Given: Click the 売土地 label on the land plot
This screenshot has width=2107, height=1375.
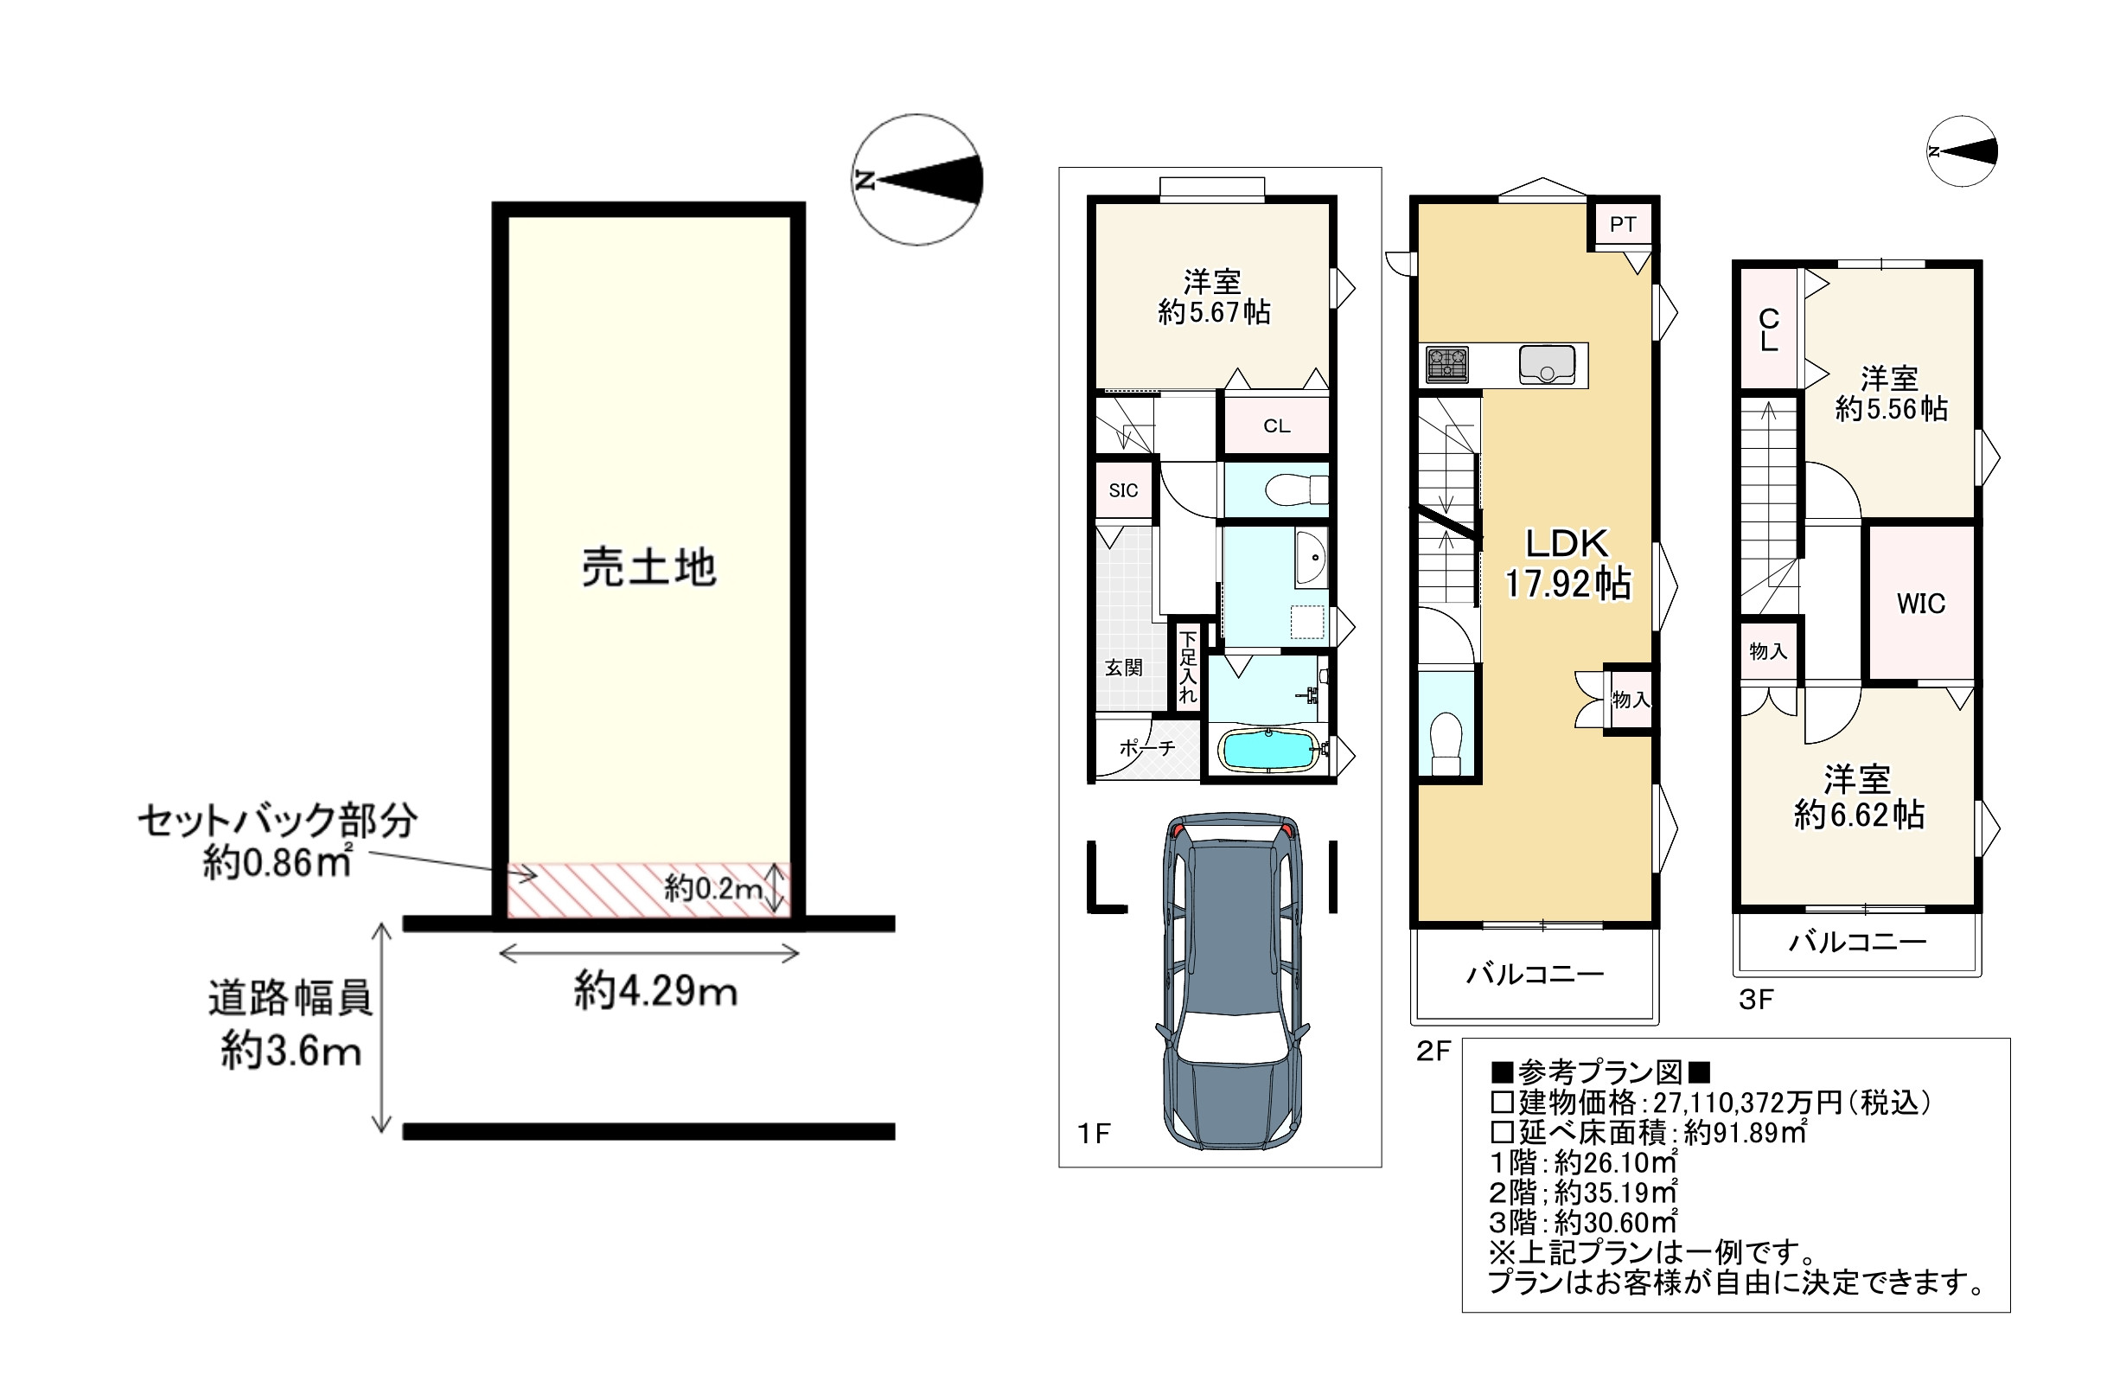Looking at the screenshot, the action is [648, 566].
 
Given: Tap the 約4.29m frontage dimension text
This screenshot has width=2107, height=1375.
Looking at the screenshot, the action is [655, 991].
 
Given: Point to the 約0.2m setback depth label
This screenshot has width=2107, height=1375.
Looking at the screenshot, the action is [713, 888].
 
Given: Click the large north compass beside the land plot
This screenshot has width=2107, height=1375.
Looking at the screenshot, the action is [917, 180].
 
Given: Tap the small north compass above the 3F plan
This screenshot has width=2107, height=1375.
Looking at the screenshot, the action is [1962, 151].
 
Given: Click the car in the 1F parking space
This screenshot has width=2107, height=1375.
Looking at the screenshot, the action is [1232, 981].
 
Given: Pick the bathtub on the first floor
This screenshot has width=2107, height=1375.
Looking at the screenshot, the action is [1267, 749].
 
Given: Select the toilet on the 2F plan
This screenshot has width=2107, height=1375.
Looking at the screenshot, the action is [1446, 743].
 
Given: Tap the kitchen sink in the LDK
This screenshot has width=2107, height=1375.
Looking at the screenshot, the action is [1547, 365].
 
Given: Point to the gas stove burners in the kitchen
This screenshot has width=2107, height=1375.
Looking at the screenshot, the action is [1446, 365].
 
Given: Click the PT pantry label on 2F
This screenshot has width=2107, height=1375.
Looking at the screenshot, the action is [1623, 225].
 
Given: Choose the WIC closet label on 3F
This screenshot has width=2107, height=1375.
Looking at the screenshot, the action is [1920, 604].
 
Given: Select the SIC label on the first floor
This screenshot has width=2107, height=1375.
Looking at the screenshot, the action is [1123, 490].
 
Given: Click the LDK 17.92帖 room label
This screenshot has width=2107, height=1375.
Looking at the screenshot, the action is [1567, 563].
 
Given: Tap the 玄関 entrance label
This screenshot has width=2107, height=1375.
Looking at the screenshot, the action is [1123, 668].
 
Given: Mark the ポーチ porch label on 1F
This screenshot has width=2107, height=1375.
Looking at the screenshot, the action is [1147, 748].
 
